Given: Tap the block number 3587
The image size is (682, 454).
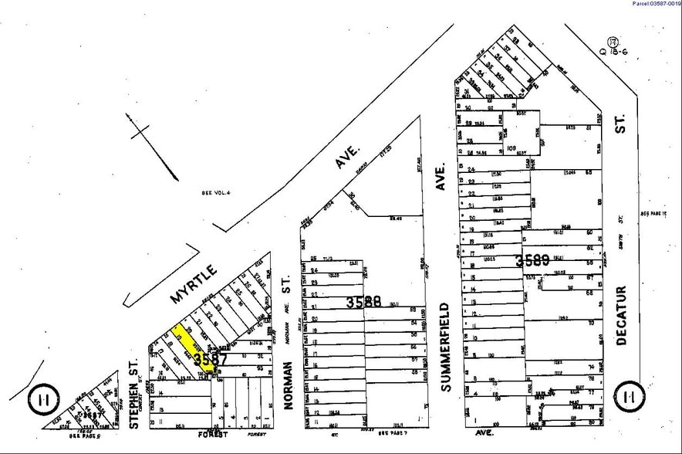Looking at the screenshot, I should (211, 360).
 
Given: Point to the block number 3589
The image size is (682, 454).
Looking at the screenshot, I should (543, 259).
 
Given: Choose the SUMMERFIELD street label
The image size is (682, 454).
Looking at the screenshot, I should (445, 336).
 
